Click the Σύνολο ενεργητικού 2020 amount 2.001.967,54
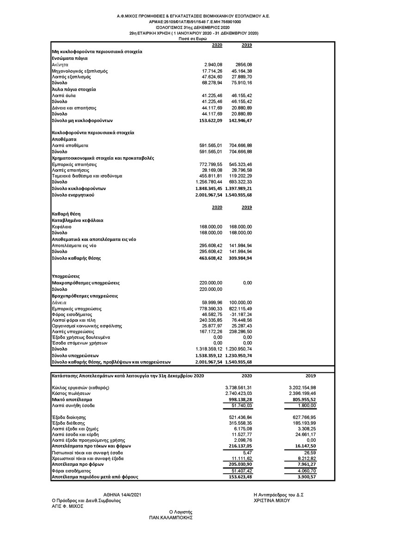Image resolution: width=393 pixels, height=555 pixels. [209, 195]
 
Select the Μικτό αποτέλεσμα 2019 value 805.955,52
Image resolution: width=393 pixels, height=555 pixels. [302, 399]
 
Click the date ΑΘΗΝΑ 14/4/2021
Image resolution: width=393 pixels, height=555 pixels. [120, 495]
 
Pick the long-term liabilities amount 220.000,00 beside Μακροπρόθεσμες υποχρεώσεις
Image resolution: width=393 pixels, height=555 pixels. [211, 283]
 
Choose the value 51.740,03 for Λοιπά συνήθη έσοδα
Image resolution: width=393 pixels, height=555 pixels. [240, 405]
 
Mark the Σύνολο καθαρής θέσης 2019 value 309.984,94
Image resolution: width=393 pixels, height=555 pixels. [240, 258]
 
